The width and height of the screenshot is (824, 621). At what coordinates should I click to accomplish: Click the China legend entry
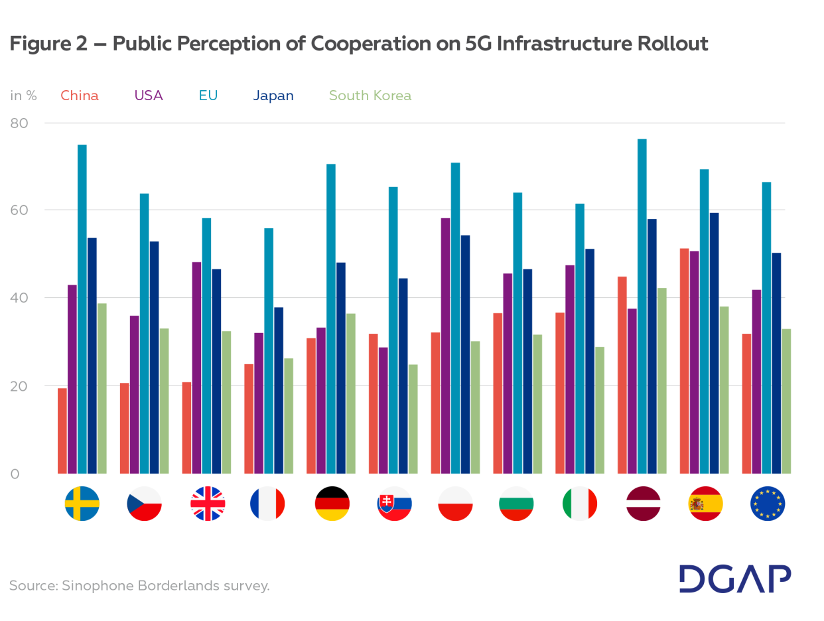(80, 96)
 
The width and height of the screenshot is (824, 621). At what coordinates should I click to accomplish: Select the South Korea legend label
(370, 96)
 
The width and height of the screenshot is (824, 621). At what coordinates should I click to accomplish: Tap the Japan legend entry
(273, 96)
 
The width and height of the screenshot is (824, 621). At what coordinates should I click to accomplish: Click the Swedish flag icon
(82, 504)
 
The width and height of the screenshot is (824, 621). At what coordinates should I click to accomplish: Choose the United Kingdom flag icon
(207, 504)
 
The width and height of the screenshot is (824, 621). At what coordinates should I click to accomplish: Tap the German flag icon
(332, 504)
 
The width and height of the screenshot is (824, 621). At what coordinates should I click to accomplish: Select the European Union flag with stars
(768, 504)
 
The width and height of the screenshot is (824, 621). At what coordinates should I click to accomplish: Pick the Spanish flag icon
(705, 504)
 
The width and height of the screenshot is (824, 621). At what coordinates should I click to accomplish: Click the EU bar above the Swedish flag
(82, 309)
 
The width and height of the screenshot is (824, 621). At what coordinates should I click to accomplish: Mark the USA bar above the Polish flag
(445, 345)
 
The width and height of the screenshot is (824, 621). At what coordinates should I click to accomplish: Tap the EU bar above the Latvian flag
(642, 306)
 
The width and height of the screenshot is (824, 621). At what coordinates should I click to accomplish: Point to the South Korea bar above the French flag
(289, 415)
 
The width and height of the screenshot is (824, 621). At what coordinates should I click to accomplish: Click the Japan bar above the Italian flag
(590, 361)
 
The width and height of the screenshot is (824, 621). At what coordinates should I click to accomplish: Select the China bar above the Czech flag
(125, 428)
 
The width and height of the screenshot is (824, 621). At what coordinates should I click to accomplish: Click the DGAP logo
(735, 579)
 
